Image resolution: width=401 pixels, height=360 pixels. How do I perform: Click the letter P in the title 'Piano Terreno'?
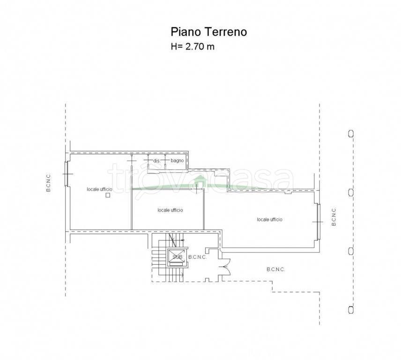click(174, 32)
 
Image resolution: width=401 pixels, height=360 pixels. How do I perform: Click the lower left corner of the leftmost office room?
click(71, 229)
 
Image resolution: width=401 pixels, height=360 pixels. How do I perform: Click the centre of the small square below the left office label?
click(108, 195)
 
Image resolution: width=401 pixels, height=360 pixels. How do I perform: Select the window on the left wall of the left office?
click(67, 174)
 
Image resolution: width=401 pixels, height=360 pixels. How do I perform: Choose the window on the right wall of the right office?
click(319, 222)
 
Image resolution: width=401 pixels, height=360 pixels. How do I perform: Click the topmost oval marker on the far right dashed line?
click(351, 134)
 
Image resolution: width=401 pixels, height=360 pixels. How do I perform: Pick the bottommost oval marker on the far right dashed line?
click(351, 310)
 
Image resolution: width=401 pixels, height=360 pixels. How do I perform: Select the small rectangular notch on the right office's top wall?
click(288, 192)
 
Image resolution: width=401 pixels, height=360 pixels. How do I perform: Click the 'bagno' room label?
click(177, 161)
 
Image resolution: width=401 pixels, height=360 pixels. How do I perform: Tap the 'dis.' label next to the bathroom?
click(156, 161)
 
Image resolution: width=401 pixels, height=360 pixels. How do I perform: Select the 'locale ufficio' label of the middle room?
click(171, 210)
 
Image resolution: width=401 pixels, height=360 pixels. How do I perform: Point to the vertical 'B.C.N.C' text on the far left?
click(48, 183)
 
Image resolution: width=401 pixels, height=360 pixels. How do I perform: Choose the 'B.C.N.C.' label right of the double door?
click(275, 269)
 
